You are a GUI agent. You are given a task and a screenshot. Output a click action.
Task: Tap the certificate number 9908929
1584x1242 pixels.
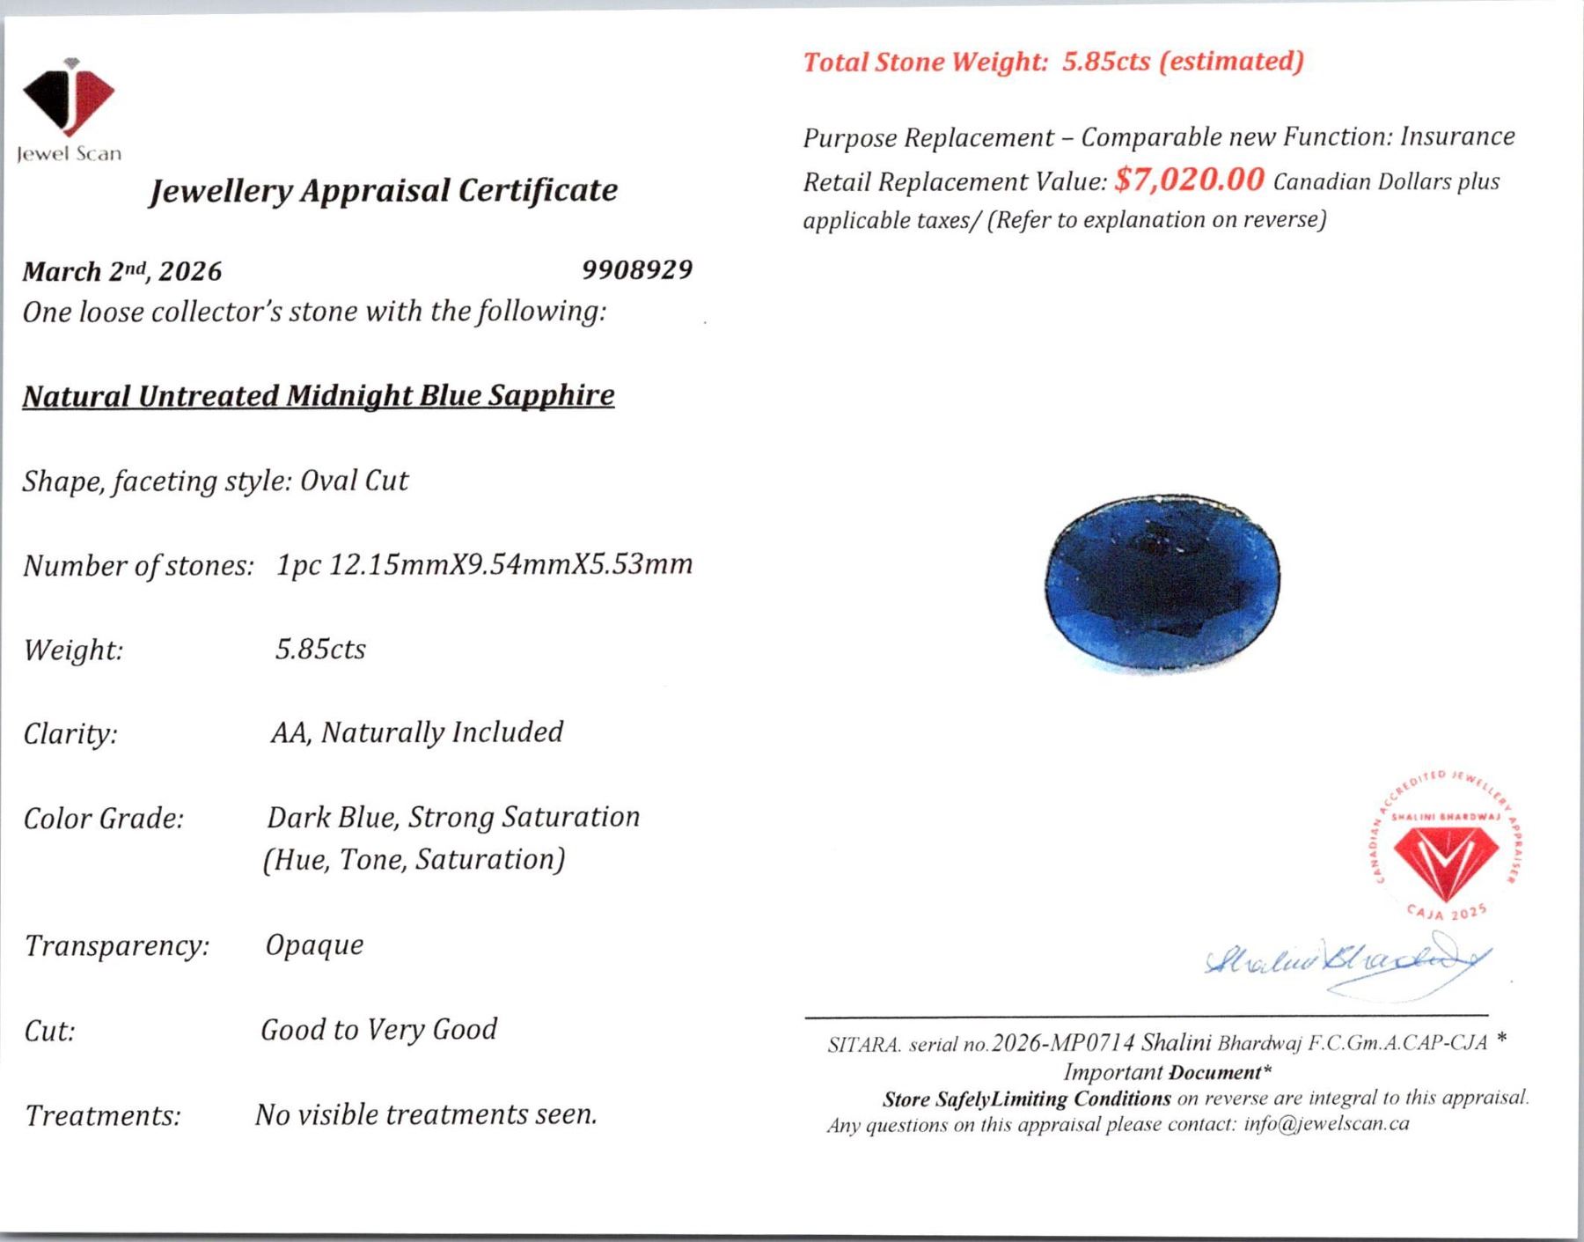point(637,269)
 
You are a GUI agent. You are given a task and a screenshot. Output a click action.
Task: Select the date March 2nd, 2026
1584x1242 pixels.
point(122,271)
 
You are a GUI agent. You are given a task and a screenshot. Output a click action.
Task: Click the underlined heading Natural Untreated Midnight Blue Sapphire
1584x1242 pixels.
point(318,395)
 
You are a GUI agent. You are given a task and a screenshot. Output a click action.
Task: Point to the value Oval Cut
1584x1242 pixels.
point(354,481)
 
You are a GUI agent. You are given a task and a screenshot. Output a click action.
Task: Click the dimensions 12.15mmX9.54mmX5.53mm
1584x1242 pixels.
point(510,564)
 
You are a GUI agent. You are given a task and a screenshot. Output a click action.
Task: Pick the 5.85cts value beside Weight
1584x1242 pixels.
point(320,650)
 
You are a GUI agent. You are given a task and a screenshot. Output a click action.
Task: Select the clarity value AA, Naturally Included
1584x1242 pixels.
point(417,732)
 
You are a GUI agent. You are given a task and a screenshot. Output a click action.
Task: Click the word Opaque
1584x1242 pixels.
point(314,945)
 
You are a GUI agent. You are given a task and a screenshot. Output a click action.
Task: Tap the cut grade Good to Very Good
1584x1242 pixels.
point(378,1029)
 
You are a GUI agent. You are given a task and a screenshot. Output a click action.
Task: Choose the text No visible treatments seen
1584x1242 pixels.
point(426,1114)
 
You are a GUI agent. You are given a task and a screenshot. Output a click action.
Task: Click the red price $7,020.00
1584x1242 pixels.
point(1189,180)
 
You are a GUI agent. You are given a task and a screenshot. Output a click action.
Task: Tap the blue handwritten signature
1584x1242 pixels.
point(1346,963)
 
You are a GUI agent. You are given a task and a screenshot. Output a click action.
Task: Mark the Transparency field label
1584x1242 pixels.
point(117,946)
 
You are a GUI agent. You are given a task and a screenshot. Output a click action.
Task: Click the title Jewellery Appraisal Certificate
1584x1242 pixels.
point(383,190)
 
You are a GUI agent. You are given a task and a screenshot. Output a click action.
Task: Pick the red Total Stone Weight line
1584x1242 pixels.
point(1053,62)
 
